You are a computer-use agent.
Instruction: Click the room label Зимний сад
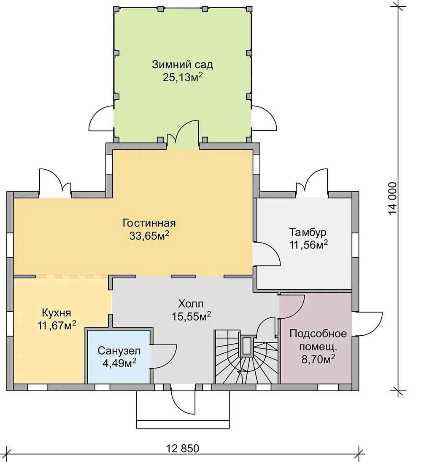182,64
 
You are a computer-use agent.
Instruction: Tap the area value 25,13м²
182,77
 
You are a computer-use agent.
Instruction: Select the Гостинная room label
149,223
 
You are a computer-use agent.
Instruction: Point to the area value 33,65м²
149,236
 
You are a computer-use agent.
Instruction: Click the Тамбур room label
308,232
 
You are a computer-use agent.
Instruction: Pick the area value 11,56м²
309,245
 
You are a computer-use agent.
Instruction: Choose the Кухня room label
57,312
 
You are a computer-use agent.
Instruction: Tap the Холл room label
191,304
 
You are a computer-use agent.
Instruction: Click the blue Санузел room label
119,351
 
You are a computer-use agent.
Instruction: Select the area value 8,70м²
318,359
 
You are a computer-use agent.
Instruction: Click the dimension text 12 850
183,449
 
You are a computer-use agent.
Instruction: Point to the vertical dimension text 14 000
392,198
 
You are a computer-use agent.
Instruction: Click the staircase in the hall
246,357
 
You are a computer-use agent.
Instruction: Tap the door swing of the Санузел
164,357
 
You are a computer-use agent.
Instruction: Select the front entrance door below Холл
183,400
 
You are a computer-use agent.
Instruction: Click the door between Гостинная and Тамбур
267,254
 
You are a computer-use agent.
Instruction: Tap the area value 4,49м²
119,363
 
